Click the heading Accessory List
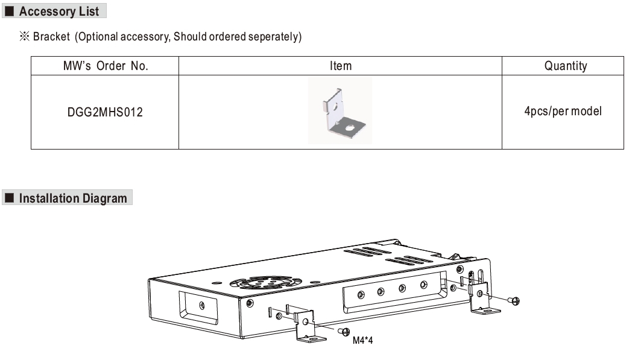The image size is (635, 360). tap(58, 11)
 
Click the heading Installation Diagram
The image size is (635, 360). tap(73, 198)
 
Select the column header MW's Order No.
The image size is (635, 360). tap(105, 66)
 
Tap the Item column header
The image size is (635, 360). tap(340, 66)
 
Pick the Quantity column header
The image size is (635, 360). tap(565, 66)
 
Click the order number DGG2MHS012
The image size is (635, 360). tap(105, 112)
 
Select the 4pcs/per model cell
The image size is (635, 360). tap(563, 112)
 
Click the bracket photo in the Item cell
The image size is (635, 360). tap(340, 111)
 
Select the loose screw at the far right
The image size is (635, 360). tap(514, 300)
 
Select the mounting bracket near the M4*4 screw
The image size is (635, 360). tap(308, 325)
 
